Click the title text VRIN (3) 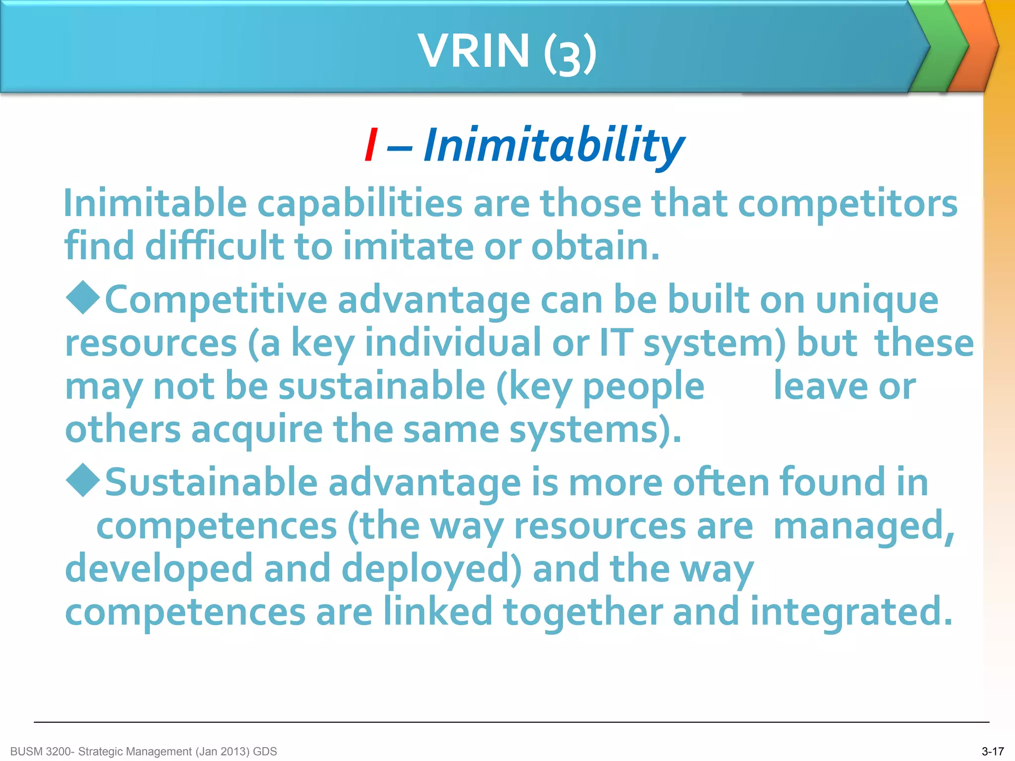pos(507,51)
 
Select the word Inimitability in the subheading pos(554,145)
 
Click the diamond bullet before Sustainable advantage pos(83,480)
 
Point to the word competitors pos(847,204)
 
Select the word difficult pos(214,246)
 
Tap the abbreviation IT pos(616,343)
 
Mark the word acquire pos(257,429)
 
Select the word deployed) pos(431,569)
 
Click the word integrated pos(850,611)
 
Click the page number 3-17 pos(992,752)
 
